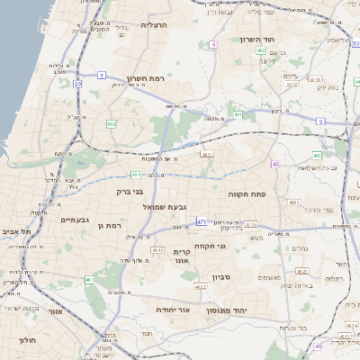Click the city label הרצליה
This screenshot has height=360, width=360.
coord(155,25)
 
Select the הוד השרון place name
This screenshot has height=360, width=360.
coord(263,40)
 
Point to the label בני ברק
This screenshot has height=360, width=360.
coord(130,191)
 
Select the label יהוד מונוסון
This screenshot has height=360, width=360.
coord(226,310)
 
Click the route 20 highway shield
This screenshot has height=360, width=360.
coord(77,84)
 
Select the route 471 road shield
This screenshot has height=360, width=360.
coord(201,220)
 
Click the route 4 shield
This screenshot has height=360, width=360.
coord(213,44)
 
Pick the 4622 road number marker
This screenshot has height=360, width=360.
coord(201,287)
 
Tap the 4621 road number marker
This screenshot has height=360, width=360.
coord(301,270)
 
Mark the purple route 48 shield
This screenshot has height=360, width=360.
coord(318,346)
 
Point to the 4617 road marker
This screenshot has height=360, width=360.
coord(157,249)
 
